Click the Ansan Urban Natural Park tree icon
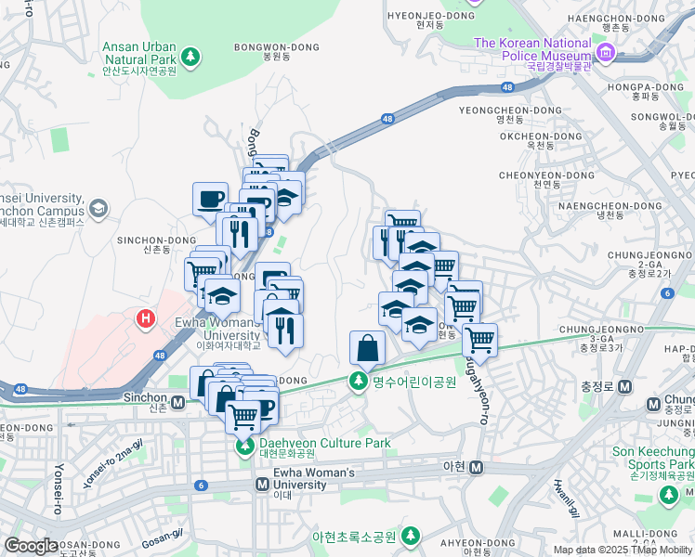(190, 58)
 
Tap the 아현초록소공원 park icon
(410, 537)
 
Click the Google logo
(31, 546)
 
